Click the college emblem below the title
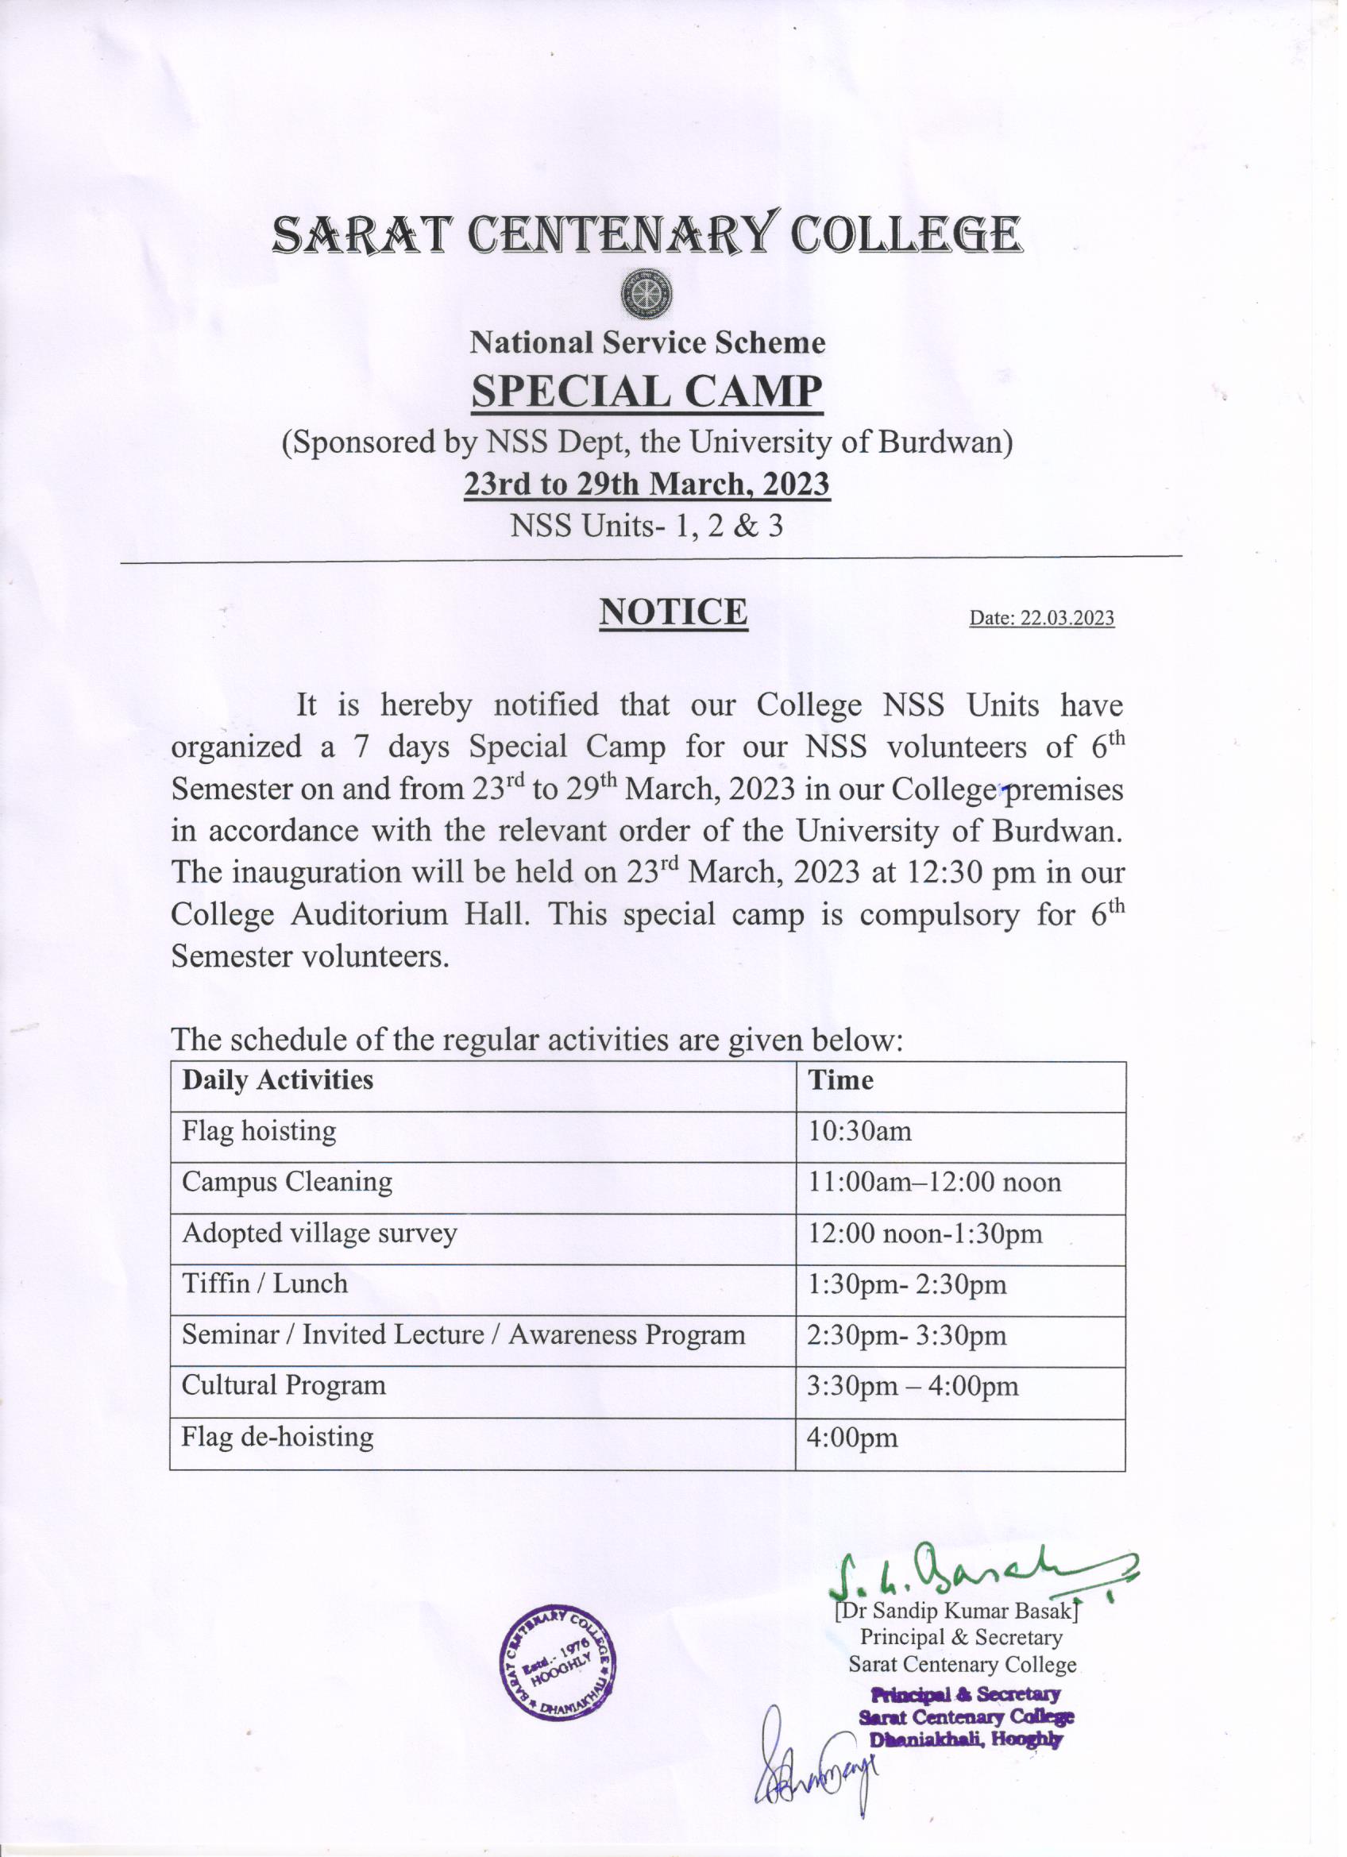[x=646, y=292]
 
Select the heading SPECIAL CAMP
[x=646, y=392]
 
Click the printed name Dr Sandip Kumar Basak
[x=955, y=1611]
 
